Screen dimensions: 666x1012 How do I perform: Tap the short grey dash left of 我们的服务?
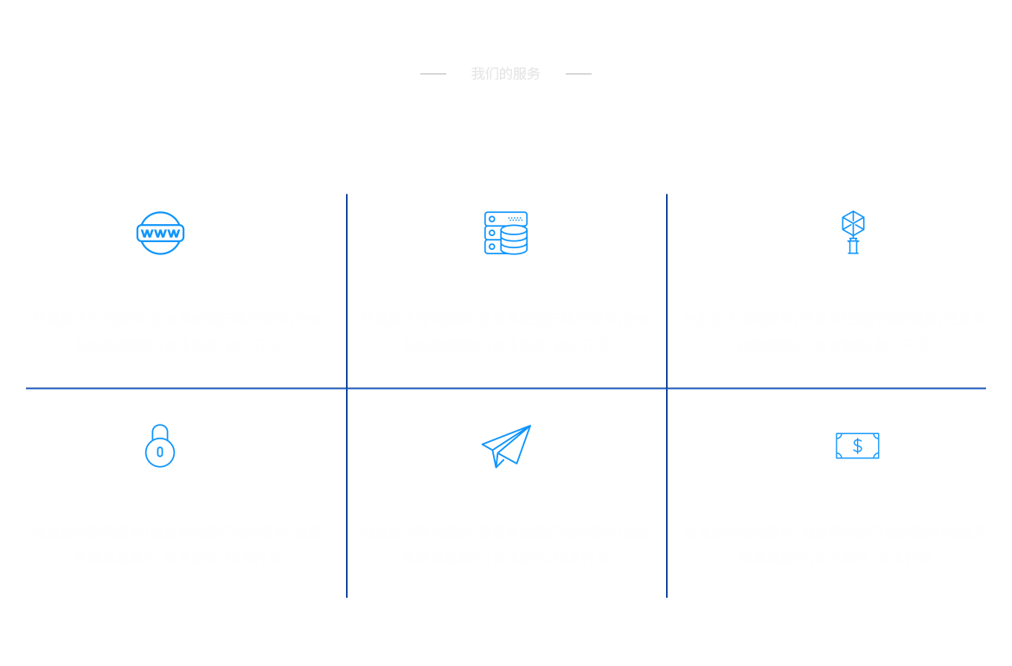tap(432, 74)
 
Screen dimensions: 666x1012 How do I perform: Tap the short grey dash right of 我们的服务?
tap(578, 74)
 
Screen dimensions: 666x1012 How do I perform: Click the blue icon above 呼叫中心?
tap(506, 233)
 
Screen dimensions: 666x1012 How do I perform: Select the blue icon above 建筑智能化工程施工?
tap(854, 232)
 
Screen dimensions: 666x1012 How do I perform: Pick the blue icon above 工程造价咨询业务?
tap(159, 446)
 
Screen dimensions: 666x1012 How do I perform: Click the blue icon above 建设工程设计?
tap(857, 446)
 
